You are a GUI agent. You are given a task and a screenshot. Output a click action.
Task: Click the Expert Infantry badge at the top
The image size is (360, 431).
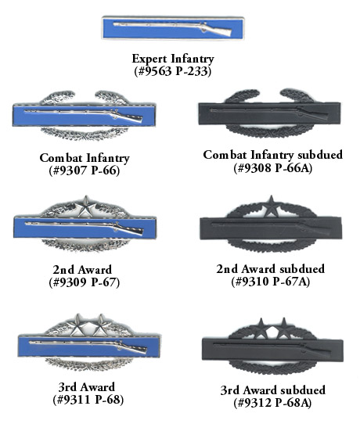[x=173, y=27]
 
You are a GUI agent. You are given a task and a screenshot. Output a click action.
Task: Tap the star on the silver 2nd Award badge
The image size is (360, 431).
[x=86, y=207]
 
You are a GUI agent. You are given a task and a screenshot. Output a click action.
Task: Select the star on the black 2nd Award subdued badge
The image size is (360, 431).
[x=272, y=207]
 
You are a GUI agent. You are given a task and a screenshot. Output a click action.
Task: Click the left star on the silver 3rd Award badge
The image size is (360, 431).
[x=77, y=325]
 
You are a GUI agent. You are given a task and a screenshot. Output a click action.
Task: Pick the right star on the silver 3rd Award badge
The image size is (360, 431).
[x=101, y=325]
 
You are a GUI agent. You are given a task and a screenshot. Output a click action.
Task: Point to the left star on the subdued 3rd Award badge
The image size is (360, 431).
[x=260, y=329]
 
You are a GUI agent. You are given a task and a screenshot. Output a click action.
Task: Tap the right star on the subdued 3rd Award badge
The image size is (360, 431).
[x=283, y=329]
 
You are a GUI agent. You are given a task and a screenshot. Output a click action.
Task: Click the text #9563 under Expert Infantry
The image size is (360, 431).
[x=154, y=71]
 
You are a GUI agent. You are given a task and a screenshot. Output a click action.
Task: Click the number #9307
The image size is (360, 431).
[x=70, y=171]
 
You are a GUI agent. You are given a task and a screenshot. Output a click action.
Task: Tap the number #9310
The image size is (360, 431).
[x=252, y=281]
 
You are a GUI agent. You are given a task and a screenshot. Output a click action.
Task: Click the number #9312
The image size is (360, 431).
[x=254, y=402]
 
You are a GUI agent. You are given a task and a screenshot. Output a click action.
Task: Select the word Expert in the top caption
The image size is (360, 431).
[x=149, y=59]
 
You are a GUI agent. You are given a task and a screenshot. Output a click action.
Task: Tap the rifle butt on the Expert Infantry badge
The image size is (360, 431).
[x=221, y=31]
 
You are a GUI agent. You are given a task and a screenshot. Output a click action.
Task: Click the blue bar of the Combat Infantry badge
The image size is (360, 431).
[x=85, y=115]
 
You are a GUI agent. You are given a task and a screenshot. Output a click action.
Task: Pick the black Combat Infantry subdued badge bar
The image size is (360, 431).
[x=269, y=113]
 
